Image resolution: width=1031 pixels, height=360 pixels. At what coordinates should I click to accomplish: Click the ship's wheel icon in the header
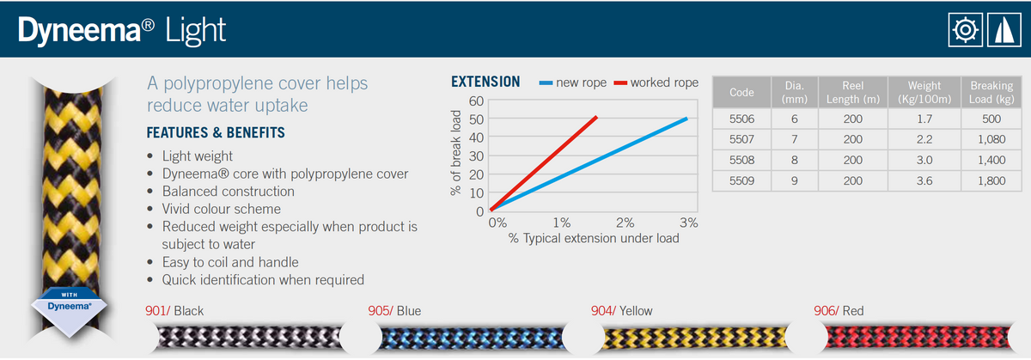point(966,29)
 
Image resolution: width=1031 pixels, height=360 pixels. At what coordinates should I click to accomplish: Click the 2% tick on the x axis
point(625,223)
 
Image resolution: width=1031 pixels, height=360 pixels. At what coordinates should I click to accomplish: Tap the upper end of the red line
point(596,117)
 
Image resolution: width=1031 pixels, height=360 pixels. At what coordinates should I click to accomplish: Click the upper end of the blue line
point(686,119)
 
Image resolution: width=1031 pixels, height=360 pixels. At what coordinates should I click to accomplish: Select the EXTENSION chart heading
point(485,82)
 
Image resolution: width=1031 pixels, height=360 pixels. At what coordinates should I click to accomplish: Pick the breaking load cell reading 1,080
point(991,139)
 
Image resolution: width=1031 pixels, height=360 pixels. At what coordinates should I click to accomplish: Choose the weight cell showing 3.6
point(924,181)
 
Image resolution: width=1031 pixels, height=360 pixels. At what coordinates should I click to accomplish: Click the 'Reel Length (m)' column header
point(852,92)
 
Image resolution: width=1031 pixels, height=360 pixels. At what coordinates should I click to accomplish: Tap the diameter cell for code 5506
point(794,119)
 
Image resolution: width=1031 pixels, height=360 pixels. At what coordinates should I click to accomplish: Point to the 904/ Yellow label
point(623,311)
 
